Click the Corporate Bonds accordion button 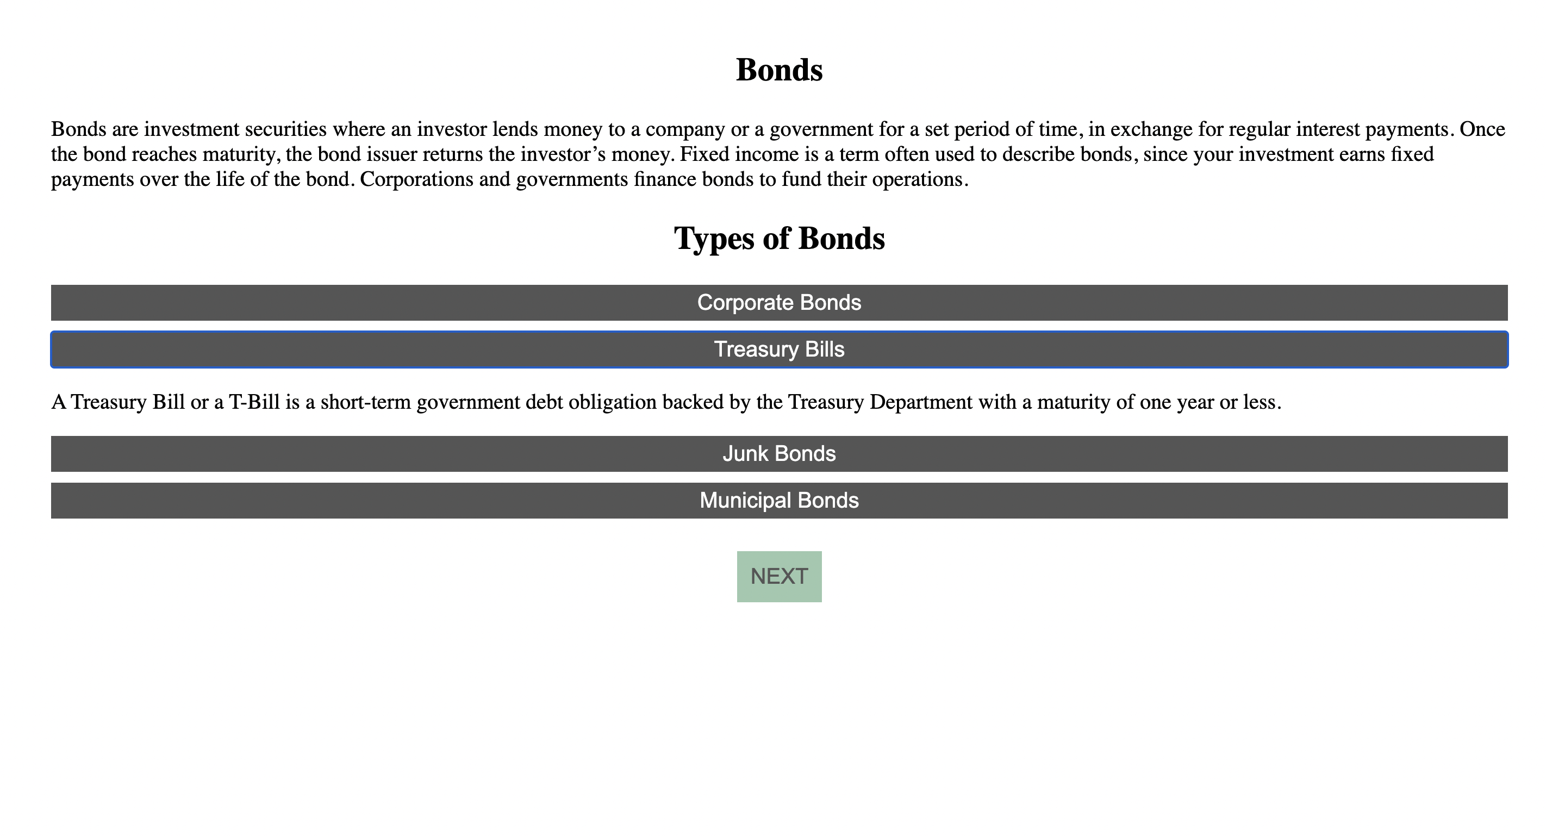click(779, 302)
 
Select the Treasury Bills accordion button click(779, 350)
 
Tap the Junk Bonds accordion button click(779, 454)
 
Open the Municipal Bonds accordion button click(779, 501)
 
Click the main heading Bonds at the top click(779, 70)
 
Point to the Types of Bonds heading click(779, 238)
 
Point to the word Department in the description click(921, 402)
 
